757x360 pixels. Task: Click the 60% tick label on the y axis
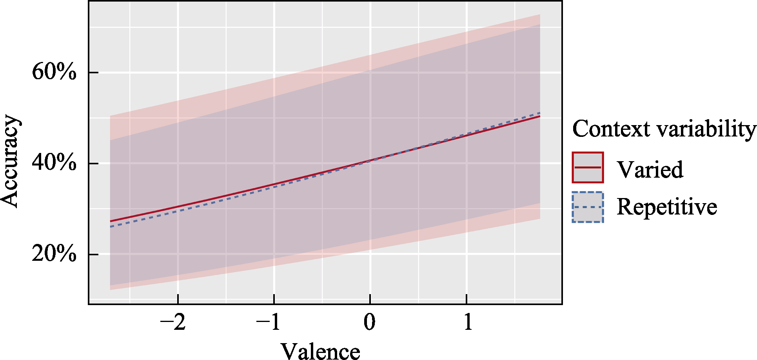pyautogui.click(x=54, y=72)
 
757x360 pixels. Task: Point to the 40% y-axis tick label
pyautogui.click(x=54, y=163)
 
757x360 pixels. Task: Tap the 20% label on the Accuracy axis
pyautogui.click(x=54, y=254)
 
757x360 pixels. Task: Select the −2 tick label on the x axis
pyautogui.click(x=173, y=322)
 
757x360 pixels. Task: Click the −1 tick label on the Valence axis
pyautogui.click(x=269, y=322)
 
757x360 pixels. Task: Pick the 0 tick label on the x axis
pyautogui.click(x=370, y=322)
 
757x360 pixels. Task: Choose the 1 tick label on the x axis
pyautogui.click(x=468, y=322)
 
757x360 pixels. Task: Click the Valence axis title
pyautogui.click(x=320, y=351)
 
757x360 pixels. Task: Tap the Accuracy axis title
pyautogui.click(x=11, y=161)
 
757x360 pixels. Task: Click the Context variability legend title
pyautogui.click(x=664, y=129)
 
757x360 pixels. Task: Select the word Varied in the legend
pyautogui.click(x=650, y=169)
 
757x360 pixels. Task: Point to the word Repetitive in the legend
pyautogui.click(x=667, y=207)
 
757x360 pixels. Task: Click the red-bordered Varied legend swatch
pyautogui.click(x=588, y=167)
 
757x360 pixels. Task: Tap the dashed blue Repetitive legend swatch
pyautogui.click(x=588, y=207)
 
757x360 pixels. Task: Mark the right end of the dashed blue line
pyautogui.click(x=540, y=113)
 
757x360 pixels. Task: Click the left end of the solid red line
pyautogui.click(x=111, y=221)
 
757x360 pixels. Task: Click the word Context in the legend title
pyautogui.click(x=610, y=129)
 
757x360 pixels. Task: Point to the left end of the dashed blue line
pyautogui.click(x=111, y=227)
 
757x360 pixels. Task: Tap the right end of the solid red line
pyautogui.click(x=540, y=116)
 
